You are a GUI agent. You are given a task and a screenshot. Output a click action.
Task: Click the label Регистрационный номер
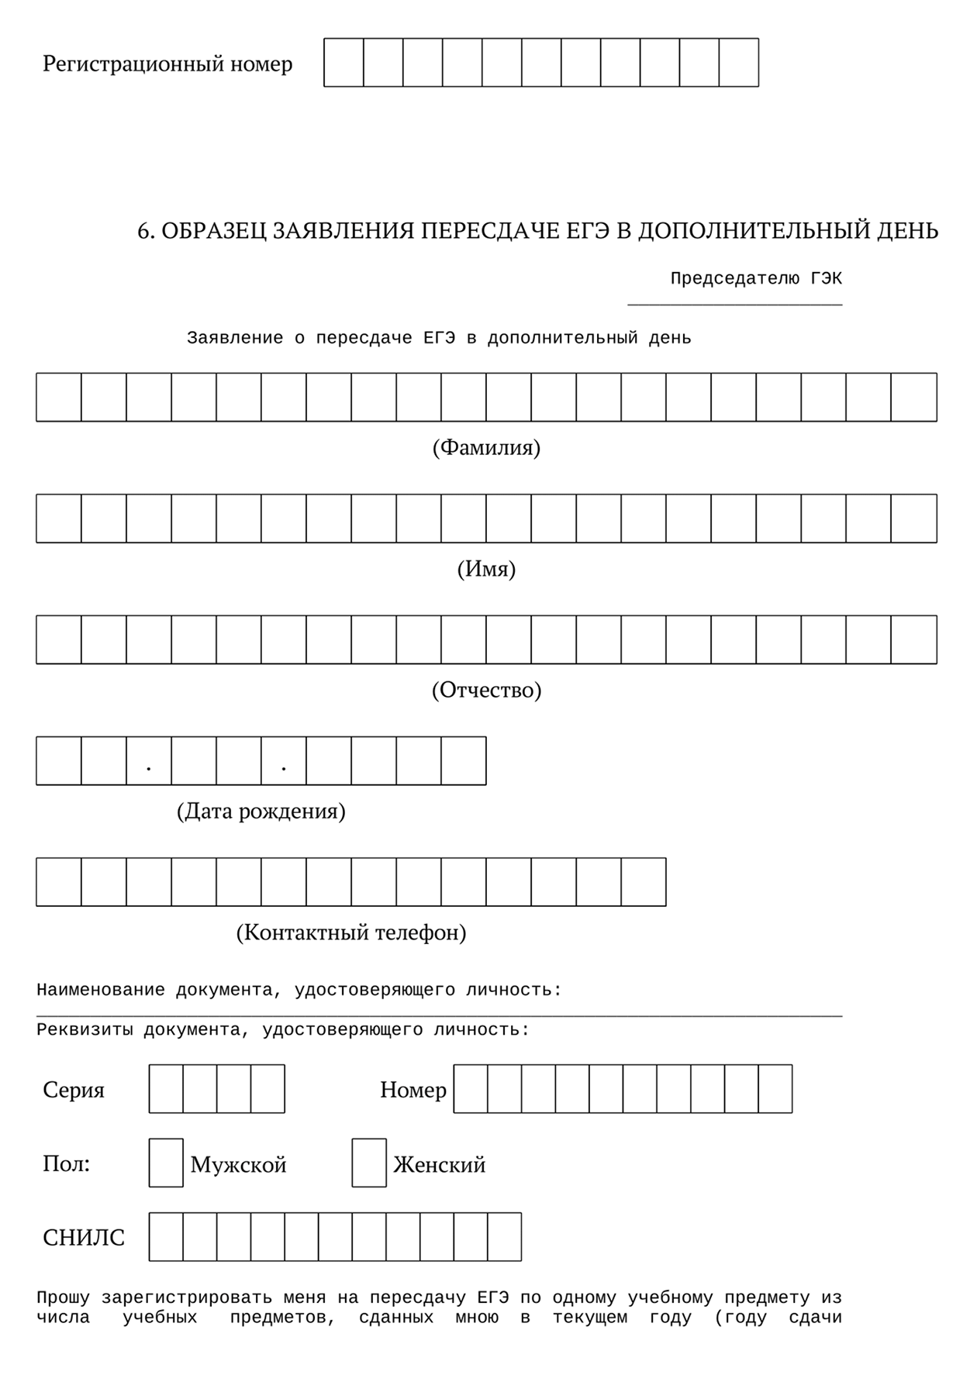pos(167,64)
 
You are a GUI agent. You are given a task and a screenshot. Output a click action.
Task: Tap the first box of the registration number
pos(344,63)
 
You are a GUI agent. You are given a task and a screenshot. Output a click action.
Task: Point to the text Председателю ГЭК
pos(756,279)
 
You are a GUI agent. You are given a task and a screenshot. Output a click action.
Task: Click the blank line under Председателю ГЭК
pos(734,304)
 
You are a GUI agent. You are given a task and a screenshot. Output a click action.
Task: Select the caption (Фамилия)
pos(486,448)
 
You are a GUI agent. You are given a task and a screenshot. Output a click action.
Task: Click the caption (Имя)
pos(486,570)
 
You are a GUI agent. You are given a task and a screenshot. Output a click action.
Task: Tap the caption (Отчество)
pos(486,691)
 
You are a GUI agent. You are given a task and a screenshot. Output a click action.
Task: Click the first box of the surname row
pos(59,398)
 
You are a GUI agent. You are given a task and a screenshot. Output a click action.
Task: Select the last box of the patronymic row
pos(914,640)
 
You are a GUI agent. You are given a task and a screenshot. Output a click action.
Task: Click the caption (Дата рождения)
pos(261,812)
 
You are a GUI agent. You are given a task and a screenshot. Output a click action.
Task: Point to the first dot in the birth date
pos(148,768)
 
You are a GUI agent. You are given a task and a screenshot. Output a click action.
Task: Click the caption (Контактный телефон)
pos(351,932)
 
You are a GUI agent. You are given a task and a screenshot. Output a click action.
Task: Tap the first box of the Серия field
pos(166,1089)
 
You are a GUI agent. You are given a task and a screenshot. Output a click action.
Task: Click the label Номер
pos(413,1091)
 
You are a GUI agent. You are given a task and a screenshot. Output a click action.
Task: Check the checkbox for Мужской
pos(166,1163)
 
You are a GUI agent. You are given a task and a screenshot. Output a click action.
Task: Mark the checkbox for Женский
pos(369,1163)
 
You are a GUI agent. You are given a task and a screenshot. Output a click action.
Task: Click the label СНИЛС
pos(84,1239)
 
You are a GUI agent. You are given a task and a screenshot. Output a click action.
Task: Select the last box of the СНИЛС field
pos(505,1237)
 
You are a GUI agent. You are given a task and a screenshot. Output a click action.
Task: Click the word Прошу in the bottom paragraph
pos(64,1298)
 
